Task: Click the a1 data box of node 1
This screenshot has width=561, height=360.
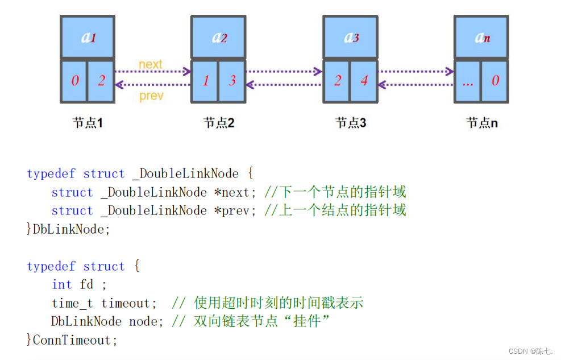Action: (x=88, y=37)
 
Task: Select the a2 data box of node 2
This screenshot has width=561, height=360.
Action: (x=219, y=37)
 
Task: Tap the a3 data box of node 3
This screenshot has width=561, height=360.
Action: (x=351, y=37)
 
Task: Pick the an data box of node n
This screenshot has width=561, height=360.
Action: (x=482, y=37)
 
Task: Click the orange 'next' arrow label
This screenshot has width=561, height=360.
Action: (x=151, y=64)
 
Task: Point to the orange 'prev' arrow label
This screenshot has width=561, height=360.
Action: (x=151, y=96)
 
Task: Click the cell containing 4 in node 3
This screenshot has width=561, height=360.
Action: (x=364, y=81)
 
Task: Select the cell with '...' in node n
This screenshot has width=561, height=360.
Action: (x=468, y=81)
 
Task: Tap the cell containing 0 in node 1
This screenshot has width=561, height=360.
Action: (x=74, y=81)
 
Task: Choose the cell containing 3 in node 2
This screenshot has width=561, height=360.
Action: (x=232, y=81)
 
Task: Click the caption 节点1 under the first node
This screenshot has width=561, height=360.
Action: (x=88, y=122)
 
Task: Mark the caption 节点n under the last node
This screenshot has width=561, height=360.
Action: (x=482, y=122)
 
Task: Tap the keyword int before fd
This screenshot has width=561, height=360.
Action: (x=62, y=284)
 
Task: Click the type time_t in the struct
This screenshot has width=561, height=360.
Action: (x=74, y=303)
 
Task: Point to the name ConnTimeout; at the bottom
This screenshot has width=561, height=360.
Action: (x=76, y=340)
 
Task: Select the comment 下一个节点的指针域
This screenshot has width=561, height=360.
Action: (x=343, y=192)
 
